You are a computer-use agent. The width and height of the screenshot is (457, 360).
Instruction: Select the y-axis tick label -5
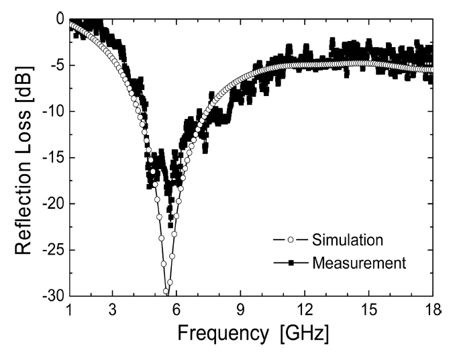click(x=54, y=66)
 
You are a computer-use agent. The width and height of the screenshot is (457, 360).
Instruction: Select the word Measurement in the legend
click(x=359, y=263)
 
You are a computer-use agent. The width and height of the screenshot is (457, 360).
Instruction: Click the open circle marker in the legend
click(x=291, y=240)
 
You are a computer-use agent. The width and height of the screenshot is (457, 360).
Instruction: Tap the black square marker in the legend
click(x=291, y=263)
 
